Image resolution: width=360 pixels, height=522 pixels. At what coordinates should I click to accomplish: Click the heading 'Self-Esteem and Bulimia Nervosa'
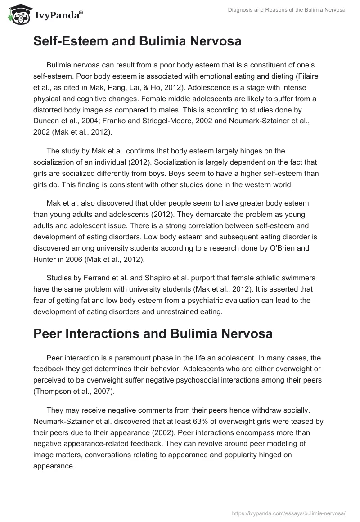pyautogui.click(x=137, y=41)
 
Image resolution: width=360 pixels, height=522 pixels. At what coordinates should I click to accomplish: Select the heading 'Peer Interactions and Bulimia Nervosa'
pyautogui.click(x=153, y=333)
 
